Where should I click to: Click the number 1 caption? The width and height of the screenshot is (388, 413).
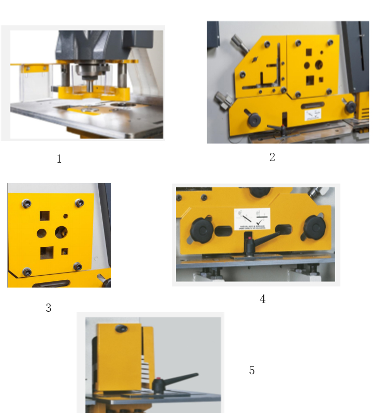59,159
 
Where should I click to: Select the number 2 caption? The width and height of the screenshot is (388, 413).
272,157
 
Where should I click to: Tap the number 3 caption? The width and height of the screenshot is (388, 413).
49,308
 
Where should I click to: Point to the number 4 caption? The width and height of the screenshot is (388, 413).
263,299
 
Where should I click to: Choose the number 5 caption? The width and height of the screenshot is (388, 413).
252,370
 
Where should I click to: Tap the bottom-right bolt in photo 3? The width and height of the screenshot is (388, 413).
77,266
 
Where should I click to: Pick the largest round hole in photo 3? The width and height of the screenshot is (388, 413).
61,232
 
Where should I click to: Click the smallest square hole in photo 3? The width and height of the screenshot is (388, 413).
65,251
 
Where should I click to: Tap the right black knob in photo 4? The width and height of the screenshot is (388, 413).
314,226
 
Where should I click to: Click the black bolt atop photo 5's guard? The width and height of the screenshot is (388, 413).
122,329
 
